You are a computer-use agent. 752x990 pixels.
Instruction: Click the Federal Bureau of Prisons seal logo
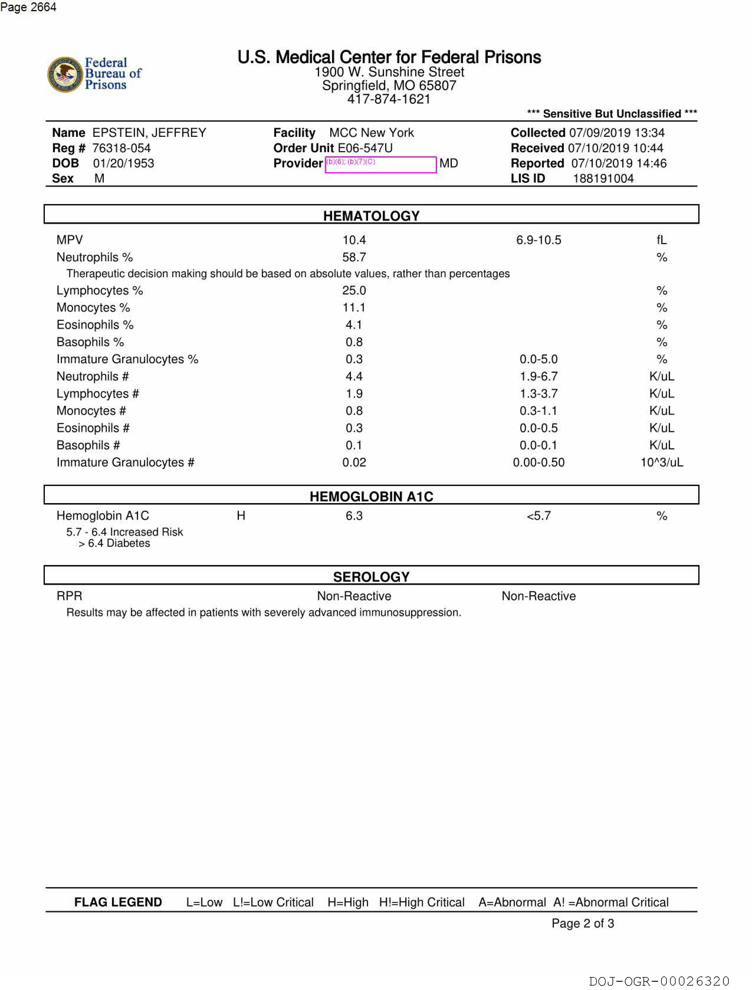pyautogui.click(x=65, y=74)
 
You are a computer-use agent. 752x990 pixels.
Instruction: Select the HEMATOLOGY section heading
pyautogui.click(x=371, y=216)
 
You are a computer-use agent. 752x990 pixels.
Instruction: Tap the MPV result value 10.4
pyautogui.click(x=354, y=240)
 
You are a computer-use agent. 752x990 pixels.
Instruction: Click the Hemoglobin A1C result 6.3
pyautogui.click(x=354, y=515)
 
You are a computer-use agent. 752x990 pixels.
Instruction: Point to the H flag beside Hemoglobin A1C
pyautogui.click(x=241, y=515)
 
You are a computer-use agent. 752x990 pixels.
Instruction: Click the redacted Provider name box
pyautogui.click(x=380, y=164)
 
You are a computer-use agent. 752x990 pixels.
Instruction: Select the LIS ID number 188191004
pyautogui.click(x=603, y=179)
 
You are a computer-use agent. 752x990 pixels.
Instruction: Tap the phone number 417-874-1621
pyautogui.click(x=389, y=99)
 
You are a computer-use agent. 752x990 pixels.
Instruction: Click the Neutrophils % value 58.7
pyautogui.click(x=354, y=257)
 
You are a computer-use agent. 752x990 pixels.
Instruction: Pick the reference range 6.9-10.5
pyautogui.click(x=538, y=240)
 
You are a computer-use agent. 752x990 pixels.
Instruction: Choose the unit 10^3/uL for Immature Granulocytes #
pyautogui.click(x=661, y=462)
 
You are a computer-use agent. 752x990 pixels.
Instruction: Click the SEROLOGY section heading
pyautogui.click(x=371, y=577)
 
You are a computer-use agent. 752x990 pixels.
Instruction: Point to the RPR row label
pyautogui.click(x=69, y=596)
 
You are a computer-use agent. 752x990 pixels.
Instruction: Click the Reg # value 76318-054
pyautogui.click(x=121, y=148)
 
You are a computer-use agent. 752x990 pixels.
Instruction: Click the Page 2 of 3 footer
pyautogui.click(x=582, y=923)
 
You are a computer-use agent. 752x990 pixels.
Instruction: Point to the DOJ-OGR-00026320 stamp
pyautogui.click(x=659, y=981)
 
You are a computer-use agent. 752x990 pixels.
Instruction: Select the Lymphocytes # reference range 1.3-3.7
pyautogui.click(x=538, y=393)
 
